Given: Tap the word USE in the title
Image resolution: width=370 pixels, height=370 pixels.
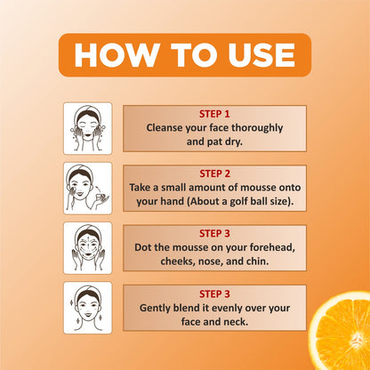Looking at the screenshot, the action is [x=261, y=55].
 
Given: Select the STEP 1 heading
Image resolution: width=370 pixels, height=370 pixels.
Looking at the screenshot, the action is [x=214, y=114].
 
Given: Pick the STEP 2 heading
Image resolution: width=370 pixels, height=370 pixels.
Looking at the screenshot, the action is [x=214, y=173].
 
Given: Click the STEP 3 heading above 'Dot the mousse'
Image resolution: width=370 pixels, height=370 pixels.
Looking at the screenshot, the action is [x=214, y=234].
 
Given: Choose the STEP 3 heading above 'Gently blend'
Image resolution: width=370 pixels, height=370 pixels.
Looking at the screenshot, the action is [x=214, y=294].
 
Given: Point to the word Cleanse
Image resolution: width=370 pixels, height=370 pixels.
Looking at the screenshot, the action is [x=165, y=128].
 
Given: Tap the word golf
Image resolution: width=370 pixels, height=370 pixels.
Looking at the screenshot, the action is [x=239, y=202].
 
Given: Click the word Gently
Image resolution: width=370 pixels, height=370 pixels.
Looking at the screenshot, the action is [x=155, y=309].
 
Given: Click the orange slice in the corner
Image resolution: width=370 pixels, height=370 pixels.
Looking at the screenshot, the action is [x=340, y=331].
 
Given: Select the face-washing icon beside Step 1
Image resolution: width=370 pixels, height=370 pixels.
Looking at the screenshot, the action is [x=88, y=128].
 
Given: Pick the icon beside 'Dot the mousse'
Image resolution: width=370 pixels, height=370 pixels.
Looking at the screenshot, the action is [x=88, y=248].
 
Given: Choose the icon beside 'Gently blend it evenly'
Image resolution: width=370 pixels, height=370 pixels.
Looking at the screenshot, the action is [x=88, y=308].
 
